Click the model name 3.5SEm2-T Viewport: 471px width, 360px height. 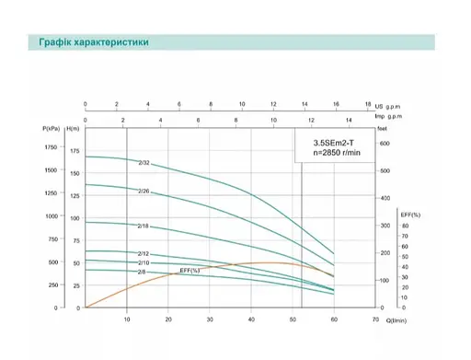click(334, 144)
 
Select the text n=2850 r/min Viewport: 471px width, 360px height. click(334, 155)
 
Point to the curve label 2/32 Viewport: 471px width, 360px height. click(144, 164)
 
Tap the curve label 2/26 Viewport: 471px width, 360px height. click(144, 192)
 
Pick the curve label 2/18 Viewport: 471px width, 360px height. click(144, 226)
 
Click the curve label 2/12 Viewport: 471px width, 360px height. click(144, 253)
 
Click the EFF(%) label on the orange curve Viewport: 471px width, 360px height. click(190, 270)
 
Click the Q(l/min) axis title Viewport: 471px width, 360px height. click(396, 320)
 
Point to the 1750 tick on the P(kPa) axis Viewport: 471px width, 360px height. click(50, 147)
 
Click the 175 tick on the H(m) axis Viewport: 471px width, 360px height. click(75, 150)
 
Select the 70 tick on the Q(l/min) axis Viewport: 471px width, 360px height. click(375, 320)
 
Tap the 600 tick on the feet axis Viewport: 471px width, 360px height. click(385, 144)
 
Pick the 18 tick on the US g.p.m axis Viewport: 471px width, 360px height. click(367, 104)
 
